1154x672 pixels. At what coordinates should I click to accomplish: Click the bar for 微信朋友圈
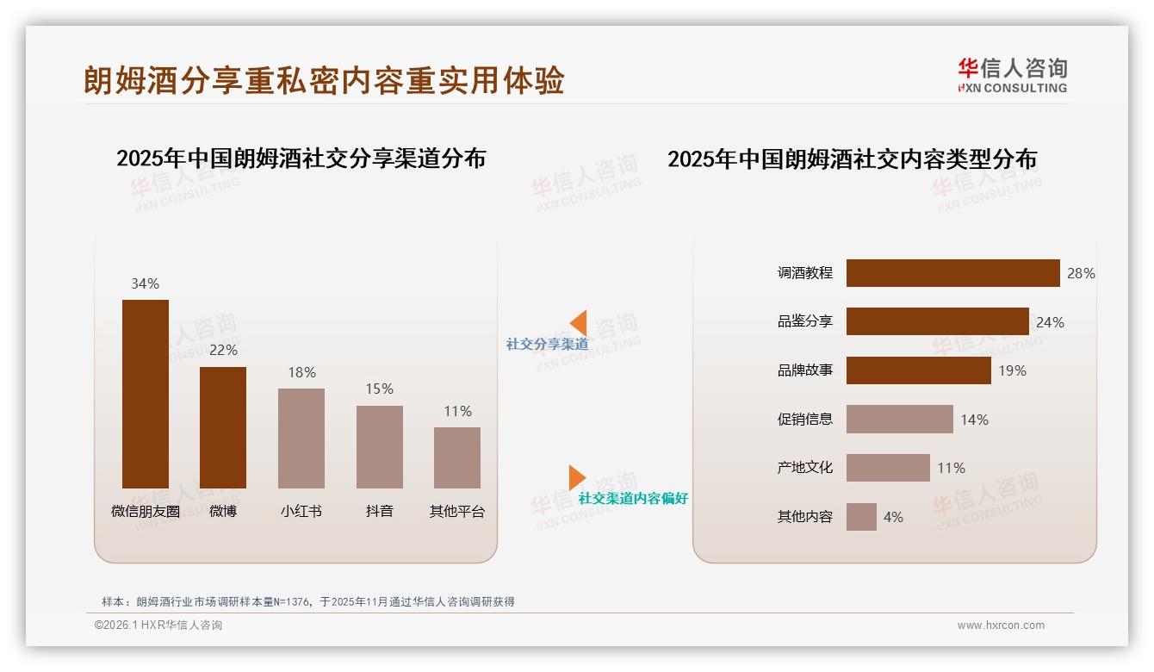[146, 394]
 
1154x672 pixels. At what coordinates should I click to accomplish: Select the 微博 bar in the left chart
[223, 427]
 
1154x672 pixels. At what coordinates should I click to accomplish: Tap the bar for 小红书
[301, 438]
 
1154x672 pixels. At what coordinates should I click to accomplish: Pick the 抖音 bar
[380, 447]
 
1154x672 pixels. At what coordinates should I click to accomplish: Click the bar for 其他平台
[457, 457]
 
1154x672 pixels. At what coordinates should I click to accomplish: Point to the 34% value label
[145, 283]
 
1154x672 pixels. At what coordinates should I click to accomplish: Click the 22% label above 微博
[223, 350]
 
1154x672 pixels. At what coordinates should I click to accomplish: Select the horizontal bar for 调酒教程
[952, 273]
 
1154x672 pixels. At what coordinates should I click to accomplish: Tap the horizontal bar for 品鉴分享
[937, 321]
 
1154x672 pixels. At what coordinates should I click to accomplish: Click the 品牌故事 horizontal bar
[918, 370]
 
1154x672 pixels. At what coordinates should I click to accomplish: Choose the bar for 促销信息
[899, 420]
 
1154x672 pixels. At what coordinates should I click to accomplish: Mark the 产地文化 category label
[804, 468]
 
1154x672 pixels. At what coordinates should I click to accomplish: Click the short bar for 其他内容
[861, 517]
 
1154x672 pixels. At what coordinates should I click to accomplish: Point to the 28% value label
[1081, 273]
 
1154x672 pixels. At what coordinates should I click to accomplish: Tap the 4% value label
[893, 517]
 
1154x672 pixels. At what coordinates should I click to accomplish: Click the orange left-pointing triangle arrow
[579, 323]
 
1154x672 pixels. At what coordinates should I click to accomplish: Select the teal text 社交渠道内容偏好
[633, 498]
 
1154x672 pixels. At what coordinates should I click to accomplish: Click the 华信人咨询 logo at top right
[1012, 75]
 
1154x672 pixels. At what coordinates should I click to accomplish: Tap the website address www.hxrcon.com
[1001, 625]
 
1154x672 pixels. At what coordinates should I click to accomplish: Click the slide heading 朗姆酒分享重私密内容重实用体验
[324, 80]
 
